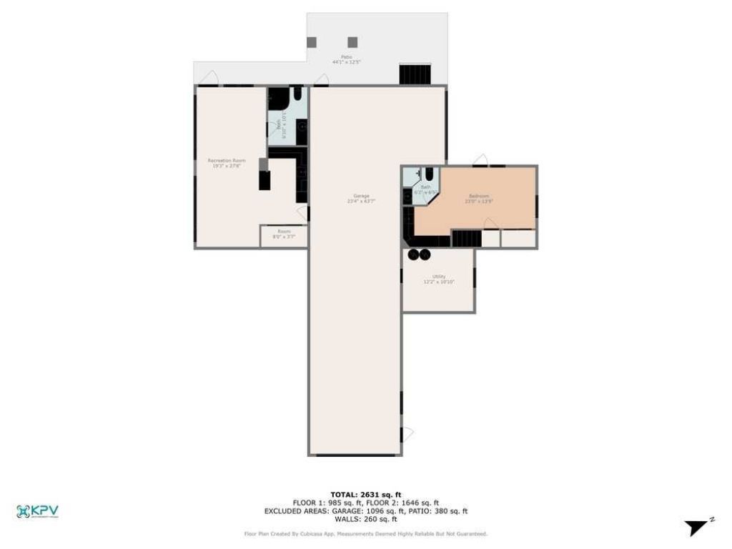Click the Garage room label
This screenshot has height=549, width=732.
tap(362, 199)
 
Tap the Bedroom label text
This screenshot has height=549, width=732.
tap(479, 199)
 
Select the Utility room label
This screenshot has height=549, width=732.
tap(439, 280)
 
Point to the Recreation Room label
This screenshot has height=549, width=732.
tap(227, 163)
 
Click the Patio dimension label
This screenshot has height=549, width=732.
tap(346, 59)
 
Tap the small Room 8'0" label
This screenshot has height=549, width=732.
tap(284, 234)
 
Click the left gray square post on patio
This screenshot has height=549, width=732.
tap(312, 42)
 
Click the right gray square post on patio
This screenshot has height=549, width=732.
tap(352, 42)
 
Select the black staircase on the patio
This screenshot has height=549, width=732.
tap(415, 74)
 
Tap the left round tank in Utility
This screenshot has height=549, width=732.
tap(413, 254)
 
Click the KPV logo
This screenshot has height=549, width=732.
tap(37, 511)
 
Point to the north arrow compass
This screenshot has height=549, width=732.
tap(697, 528)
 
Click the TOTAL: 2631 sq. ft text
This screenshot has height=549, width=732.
tap(365, 495)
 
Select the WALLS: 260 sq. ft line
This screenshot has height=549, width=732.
tap(365, 520)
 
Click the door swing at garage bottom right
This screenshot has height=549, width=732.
tap(407, 434)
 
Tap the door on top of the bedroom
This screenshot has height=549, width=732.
tap(480, 159)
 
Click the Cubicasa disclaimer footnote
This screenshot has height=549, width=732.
tap(365, 533)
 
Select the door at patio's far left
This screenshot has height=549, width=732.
tap(208, 77)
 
